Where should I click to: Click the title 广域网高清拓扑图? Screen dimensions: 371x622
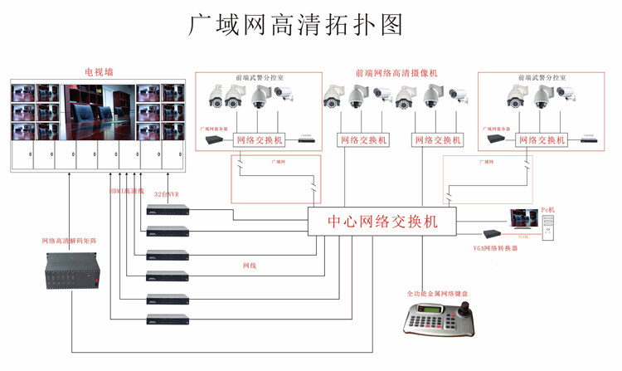point(296,24)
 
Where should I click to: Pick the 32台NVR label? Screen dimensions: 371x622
point(167,194)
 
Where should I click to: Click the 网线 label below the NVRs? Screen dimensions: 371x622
point(249,266)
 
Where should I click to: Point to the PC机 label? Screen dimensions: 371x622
point(548,209)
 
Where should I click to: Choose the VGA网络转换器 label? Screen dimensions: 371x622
point(495,247)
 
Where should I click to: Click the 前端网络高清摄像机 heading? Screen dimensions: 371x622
point(396,73)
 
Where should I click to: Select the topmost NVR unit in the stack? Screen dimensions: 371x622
point(168,208)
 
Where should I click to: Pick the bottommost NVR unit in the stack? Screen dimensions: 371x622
point(168,318)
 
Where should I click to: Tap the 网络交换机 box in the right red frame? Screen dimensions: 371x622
point(542,140)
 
